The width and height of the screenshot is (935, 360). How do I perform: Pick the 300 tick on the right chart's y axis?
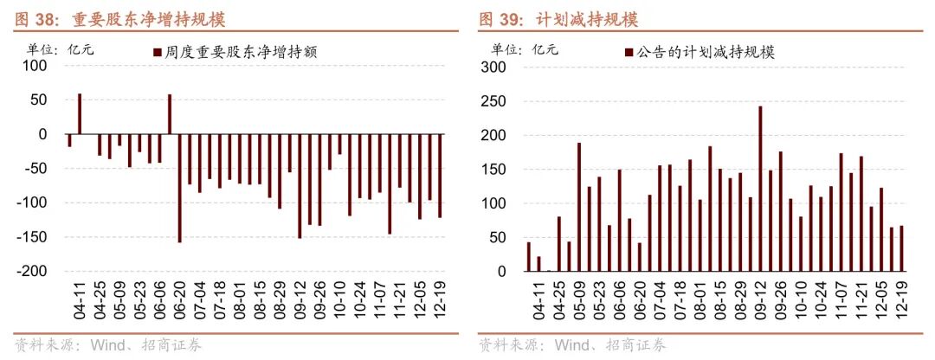point(495,67)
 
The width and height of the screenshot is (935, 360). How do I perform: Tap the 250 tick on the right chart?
point(495,101)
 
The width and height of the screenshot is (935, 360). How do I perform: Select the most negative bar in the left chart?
point(179,188)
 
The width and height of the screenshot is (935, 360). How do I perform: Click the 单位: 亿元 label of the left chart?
point(61,49)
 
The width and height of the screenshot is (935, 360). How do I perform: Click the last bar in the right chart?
point(902,248)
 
